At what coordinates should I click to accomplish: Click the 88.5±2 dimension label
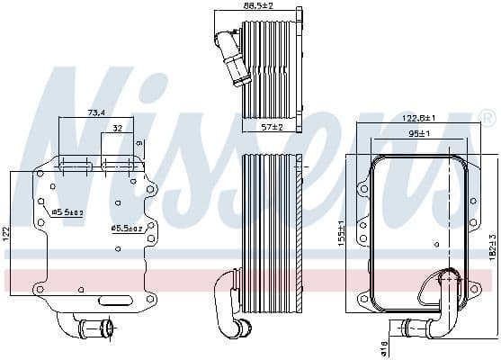258,6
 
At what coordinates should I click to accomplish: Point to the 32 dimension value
118,129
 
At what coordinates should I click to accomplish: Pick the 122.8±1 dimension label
419,118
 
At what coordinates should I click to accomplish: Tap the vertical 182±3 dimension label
492,248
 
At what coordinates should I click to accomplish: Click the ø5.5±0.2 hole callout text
67,212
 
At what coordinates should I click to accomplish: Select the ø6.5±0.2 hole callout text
126,228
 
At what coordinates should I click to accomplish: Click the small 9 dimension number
139,142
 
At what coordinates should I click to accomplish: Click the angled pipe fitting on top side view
228,54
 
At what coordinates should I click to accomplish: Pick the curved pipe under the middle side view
230,315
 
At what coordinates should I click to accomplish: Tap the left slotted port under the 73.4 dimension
76,165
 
